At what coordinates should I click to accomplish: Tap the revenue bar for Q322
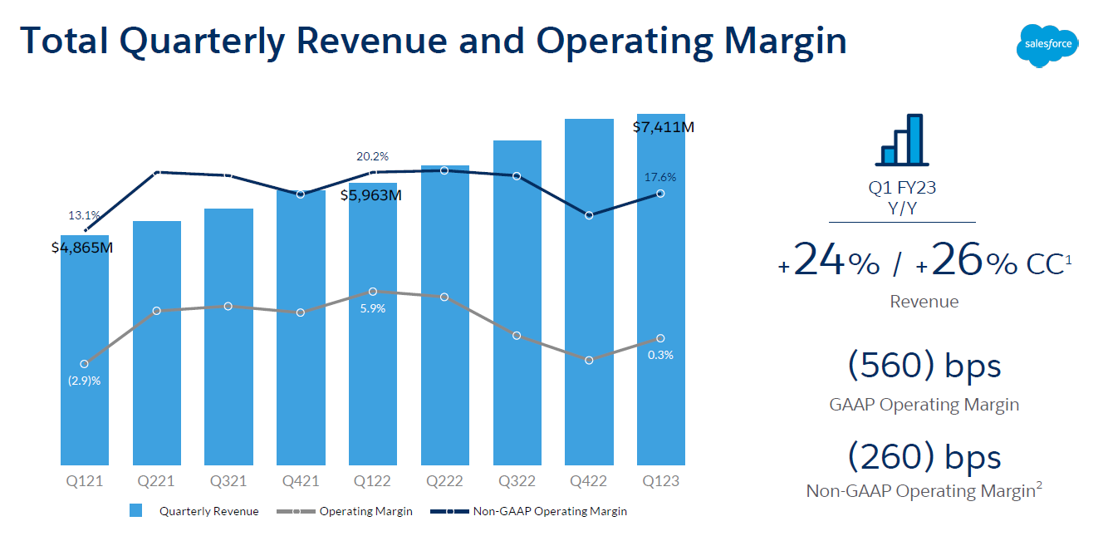pyautogui.click(x=517, y=399)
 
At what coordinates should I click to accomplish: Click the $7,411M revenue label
pyautogui.click(x=663, y=127)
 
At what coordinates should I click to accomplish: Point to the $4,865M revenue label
pyautogui.click(x=81, y=248)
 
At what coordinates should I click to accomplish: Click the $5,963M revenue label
pyautogui.click(x=371, y=196)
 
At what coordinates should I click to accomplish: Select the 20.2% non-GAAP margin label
pyautogui.click(x=372, y=156)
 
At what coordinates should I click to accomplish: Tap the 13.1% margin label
pyautogui.click(x=84, y=216)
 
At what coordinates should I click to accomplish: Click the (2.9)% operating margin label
pyautogui.click(x=84, y=381)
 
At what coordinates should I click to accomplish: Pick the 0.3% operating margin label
pyautogui.click(x=661, y=355)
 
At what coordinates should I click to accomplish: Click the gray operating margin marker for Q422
pyautogui.click(x=589, y=361)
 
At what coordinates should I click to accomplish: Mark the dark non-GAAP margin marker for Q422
pyautogui.click(x=589, y=215)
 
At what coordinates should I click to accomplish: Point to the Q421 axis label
pyautogui.click(x=301, y=481)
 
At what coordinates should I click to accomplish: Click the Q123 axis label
pyautogui.click(x=661, y=481)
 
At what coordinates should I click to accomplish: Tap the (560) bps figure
pyautogui.click(x=924, y=366)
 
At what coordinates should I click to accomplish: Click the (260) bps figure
pyautogui.click(x=924, y=456)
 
